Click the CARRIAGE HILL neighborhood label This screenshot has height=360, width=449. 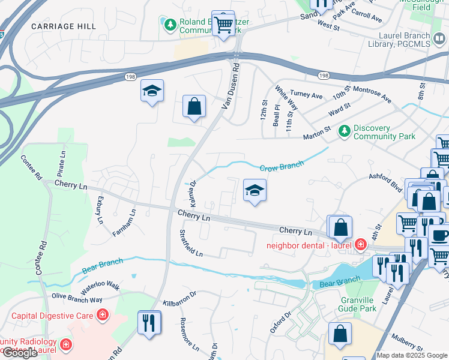pyautogui.click(x=63, y=26)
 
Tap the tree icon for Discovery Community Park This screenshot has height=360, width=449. pyautogui.click(x=344, y=130)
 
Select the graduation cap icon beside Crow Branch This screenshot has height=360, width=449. pyautogui.click(x=255, y=191)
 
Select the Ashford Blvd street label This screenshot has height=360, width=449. pyautogui.click(x=384, y=181)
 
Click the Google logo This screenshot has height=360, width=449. pyautogui.click(x=20, y=353)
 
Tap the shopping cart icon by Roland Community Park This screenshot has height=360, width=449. pyautogui.click(x=224, y=24)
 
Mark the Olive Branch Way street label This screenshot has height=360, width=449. pyautogui.click(x=76, y=298)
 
